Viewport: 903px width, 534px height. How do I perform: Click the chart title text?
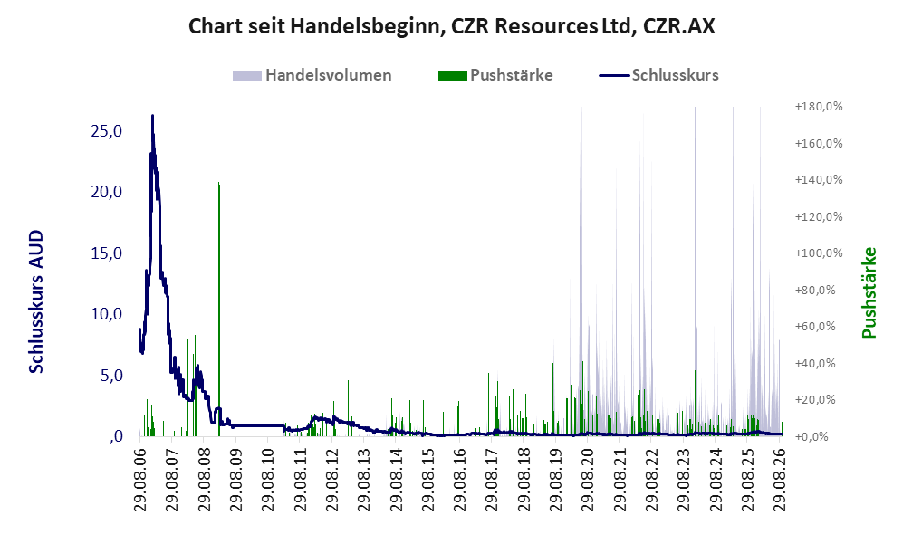click(x=451, y=26)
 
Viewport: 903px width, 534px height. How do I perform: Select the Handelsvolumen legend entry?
click(x=312, y=75)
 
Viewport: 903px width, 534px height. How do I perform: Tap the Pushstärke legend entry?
click(x=495, y=75)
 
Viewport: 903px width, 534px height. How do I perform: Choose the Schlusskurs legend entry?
click(x=658, y=75)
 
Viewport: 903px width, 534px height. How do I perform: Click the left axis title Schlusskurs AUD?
click(x=35, y=301)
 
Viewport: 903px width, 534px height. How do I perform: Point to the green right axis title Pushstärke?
click(x=869, y=292)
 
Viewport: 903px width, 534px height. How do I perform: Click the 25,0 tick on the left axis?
click(x=107, y=131)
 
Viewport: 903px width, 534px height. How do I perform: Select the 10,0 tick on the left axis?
click(x=107, y=314)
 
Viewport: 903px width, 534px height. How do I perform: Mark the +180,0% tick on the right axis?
click(x=819, y=107)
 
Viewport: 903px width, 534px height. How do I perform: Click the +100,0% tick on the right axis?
click(x=819, y=253)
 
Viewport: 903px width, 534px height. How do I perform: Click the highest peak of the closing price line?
click(x=152, y=115)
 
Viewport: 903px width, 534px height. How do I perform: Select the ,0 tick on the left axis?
click(x=115, y=436)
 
